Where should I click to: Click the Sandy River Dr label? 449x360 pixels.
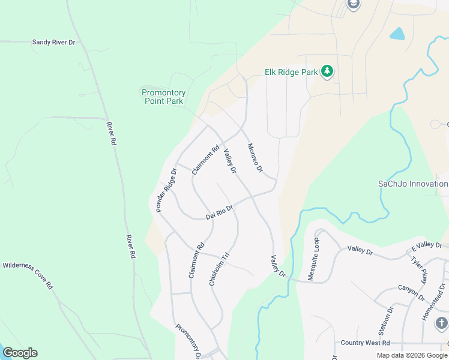54,43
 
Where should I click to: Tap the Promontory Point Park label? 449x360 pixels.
163,97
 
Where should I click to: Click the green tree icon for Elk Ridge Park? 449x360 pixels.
327,72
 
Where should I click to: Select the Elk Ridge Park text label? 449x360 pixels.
291,72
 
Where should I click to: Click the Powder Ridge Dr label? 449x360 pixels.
166,190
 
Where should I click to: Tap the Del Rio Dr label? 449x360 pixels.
219,212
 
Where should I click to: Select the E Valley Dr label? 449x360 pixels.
426,246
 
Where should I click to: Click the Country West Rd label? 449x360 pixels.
365,343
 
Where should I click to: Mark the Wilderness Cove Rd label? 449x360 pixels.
28,275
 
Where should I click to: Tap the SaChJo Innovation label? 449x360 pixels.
413,184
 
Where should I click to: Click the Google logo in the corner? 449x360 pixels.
20,353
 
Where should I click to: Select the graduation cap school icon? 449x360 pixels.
353,5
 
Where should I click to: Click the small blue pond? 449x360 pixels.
397,34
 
